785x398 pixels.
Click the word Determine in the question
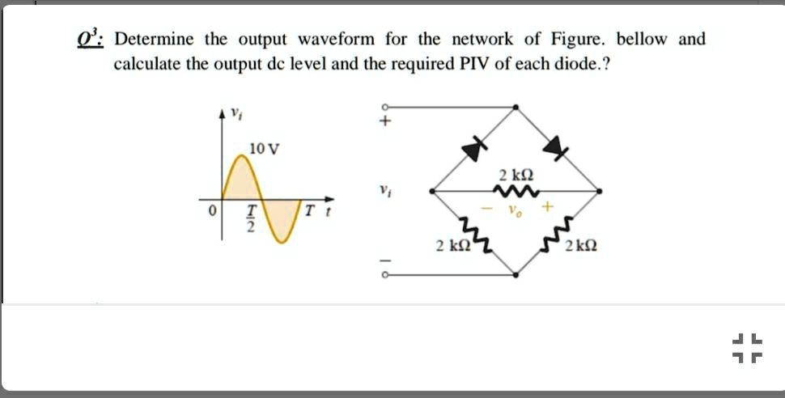(x=154, y=39)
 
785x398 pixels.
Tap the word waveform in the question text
(x=336, y=39)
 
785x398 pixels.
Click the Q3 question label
(x=90, y=39)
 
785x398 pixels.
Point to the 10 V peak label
(x=265, y=149)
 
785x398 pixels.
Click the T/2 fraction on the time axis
(x=252, y=218)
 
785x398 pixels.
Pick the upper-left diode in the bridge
(x=474, y=149)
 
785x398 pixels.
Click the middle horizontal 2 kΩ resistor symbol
(x=516, y=191)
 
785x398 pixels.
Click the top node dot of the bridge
(x=516, y=107)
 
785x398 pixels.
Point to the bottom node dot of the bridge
(x=516, y=274)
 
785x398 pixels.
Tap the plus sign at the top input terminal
(x=385, y=121)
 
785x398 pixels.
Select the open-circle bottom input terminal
(x=385, y=274)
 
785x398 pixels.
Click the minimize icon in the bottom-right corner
(x=748, y=349)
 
